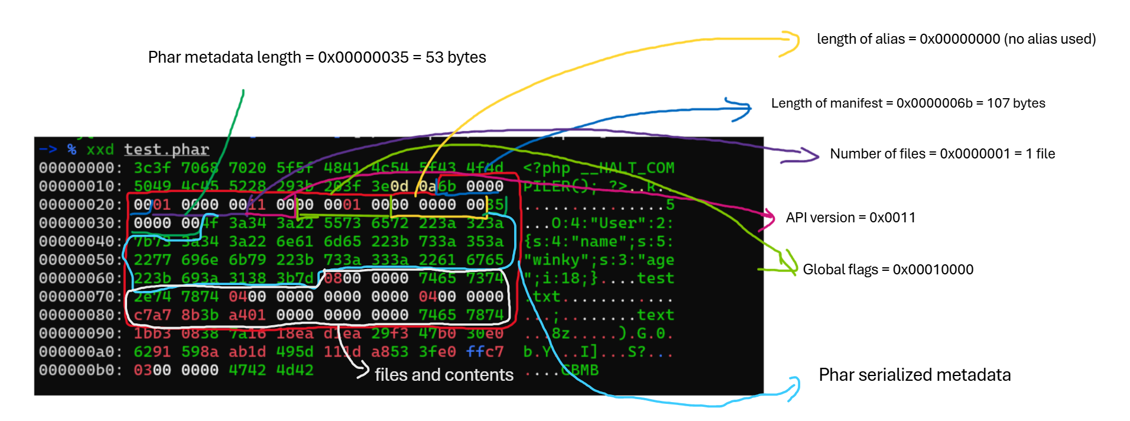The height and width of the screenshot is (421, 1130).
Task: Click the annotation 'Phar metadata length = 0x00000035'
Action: click(x=317, y=57)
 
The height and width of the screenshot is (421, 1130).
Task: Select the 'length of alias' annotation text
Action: click(x=956, y=39)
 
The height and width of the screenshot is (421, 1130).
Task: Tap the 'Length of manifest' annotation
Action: click(x=908, y=103)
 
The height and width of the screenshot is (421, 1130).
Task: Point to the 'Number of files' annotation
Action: click(x=942, y=154)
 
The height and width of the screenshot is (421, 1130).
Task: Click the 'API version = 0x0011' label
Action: click(x=850, y=218)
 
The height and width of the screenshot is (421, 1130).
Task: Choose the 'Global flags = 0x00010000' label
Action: click(x=888, y=270)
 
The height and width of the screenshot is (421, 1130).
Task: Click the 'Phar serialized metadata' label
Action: click(x=914, y=375)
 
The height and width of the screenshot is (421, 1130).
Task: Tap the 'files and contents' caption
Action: click(x=444, y=375)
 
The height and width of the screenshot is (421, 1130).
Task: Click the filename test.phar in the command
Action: click(x=167, y=150)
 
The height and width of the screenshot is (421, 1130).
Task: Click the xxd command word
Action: click(x=100, y=150)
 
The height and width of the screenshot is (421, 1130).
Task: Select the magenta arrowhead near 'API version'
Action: click(x=770, y=218)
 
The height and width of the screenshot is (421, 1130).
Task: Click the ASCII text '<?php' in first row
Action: click(x=547, y=168)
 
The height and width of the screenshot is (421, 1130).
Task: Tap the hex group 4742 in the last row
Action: click(x=248, y=370)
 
